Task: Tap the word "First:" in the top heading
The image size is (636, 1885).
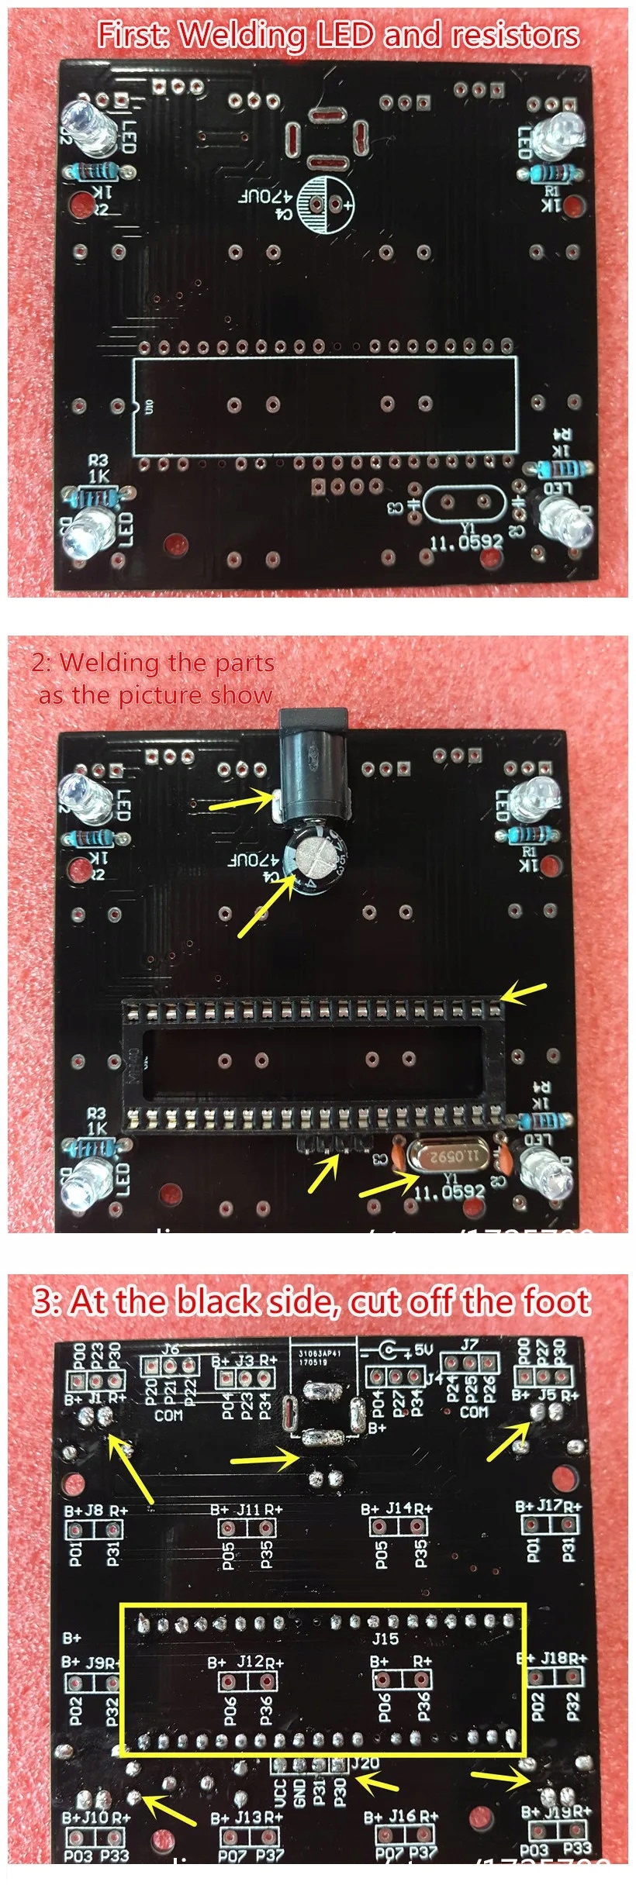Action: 133,36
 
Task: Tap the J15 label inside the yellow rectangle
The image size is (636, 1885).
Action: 385,1639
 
